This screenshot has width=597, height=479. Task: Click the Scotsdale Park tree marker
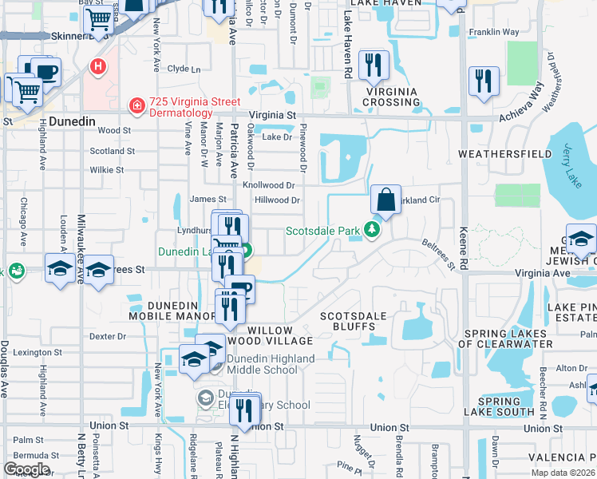(x=371, y=232)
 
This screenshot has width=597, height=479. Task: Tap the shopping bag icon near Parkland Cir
(x=385, y=201)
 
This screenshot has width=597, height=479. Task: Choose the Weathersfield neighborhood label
(x=504, y=153)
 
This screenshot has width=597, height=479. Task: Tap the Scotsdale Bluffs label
(x=353, y=322)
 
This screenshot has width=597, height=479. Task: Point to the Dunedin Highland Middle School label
(x=271, y=364)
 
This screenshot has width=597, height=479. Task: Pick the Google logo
(x=26, y=469)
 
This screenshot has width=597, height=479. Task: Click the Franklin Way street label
(x=494, y=32)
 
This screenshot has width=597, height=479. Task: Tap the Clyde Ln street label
(x=184, y=69)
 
